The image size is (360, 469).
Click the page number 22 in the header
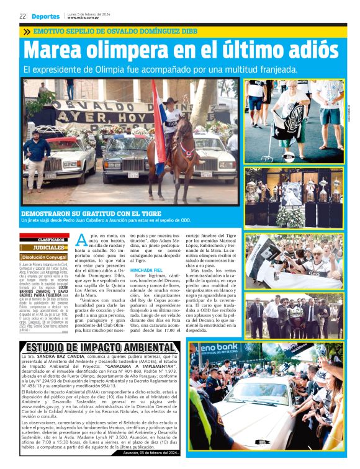22,16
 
